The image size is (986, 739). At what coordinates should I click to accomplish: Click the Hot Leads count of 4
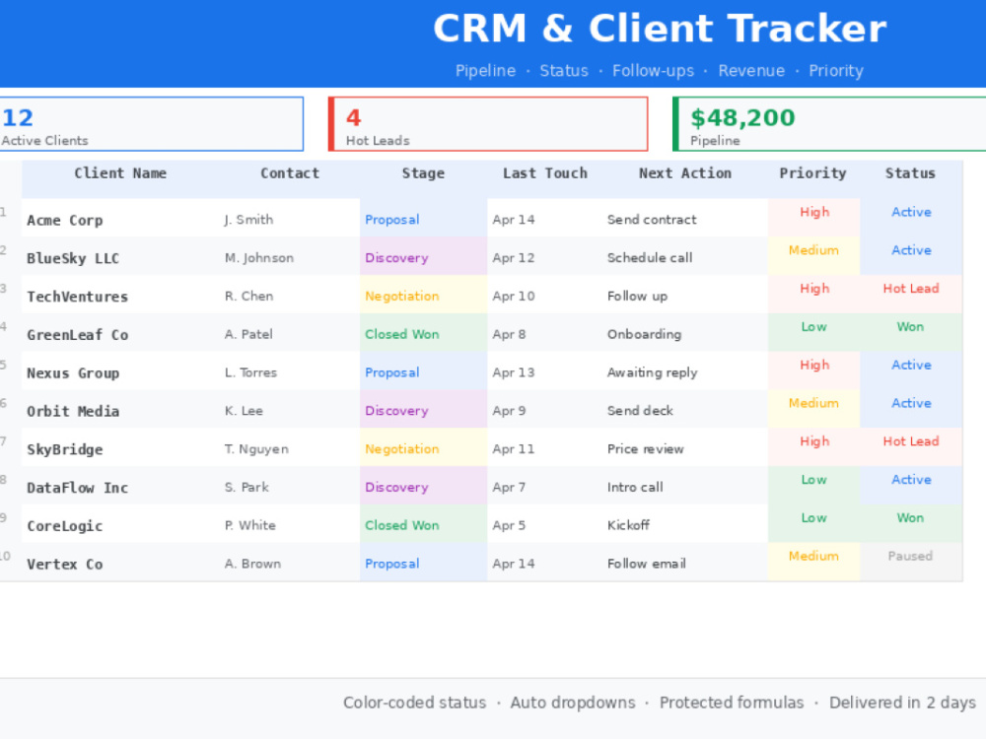pos(353,118)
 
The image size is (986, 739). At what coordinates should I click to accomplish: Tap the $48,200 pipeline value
pos(742,118)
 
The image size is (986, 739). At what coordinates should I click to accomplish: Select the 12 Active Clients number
pos(17,118)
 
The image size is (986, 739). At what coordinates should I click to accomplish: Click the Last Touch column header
pos(544,173)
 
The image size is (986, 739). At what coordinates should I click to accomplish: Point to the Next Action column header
pos(685,173)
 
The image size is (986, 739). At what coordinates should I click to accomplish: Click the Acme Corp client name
pos(65,221)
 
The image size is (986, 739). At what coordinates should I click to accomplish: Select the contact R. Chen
pos(249,296)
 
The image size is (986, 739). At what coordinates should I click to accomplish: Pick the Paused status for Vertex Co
pos(910,556)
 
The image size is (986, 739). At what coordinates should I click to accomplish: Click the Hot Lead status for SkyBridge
pos(910,441)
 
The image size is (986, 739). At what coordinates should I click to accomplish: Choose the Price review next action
pos(645,449)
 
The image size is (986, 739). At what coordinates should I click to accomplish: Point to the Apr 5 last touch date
pos(509,525)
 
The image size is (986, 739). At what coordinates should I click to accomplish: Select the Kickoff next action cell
pos(628,525)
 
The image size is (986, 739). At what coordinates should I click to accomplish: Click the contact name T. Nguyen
pos(256,449)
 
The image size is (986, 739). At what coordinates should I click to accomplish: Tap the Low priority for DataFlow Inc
pos(813,480)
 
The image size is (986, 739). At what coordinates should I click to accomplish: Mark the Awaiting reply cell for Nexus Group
pos(652,372)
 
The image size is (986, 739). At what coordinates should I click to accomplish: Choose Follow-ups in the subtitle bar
pos(654,70)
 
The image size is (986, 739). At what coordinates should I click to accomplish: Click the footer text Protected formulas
pos(732,703)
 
